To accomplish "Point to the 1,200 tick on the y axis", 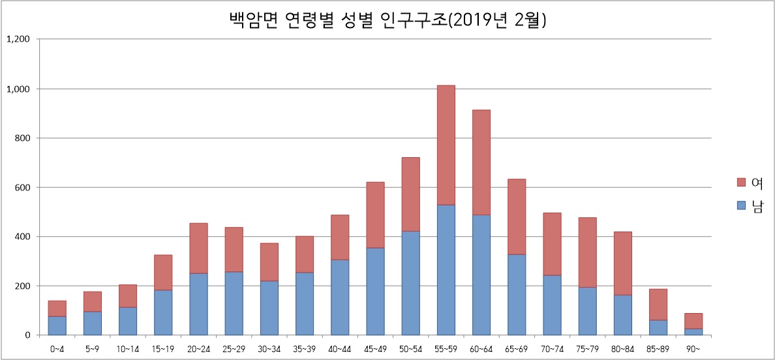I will pyautogui.click(x=18, y=39).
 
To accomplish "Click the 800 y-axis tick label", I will pyautogui.click(x=22, y=138).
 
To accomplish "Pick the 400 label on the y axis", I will pyautogui.click(x=22, y=237).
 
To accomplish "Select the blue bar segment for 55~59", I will pyautogui.click(x=446, y=270).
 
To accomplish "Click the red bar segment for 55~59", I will pyautogui.click(x=446, y=145).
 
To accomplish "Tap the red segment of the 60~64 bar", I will pyautogui.click(x=481, y=162).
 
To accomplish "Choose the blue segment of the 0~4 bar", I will pyautogui.click(x=57, y=325).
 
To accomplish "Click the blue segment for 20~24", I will pyautogui.click(x=198, y=304).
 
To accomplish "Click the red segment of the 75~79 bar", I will pyautogui.click(x=587, y=252).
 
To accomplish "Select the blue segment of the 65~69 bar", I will pyautogui.click(x=517, y=295).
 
